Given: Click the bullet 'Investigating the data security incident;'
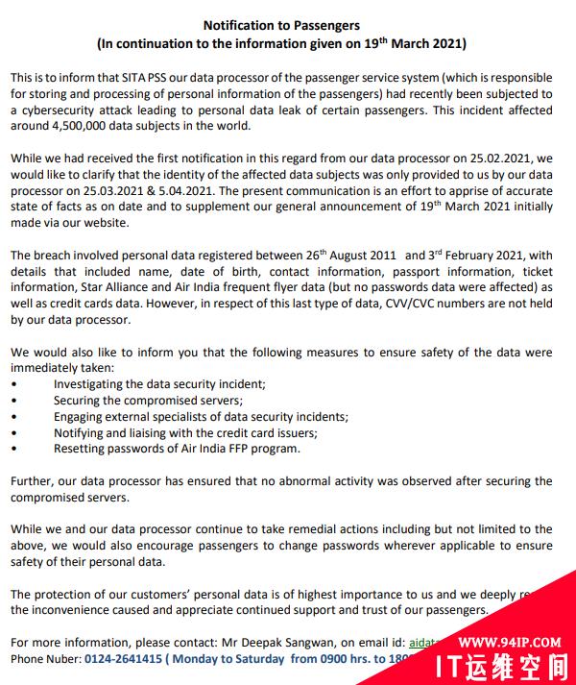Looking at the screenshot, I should point(159,383).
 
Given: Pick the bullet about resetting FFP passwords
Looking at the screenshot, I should point(177,449).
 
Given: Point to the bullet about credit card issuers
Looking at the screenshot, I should point(172,433).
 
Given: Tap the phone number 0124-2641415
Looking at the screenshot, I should point(123,659).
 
